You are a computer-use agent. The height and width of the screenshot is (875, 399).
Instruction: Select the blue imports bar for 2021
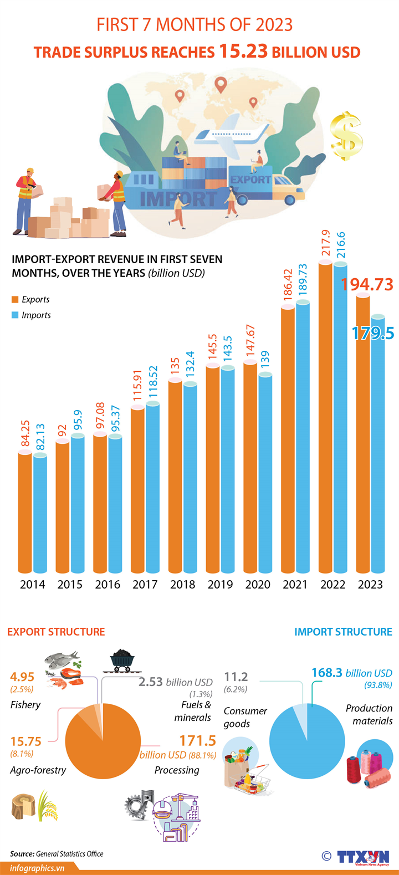(303, 438)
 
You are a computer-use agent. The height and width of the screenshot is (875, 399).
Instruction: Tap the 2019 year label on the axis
(220, 584)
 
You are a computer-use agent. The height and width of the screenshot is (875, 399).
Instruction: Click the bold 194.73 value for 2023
(367, 284)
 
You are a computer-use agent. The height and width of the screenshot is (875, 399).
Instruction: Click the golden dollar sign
(346, 136)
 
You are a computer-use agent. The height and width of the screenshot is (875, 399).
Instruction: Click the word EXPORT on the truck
(250, 180)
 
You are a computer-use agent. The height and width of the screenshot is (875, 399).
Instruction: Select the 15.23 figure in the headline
(243, 51)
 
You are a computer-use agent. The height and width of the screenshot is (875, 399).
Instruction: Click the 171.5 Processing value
(198, 740)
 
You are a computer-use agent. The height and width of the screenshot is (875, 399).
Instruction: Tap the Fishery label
(25, 704)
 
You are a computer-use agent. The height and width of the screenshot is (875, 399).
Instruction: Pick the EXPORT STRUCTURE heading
(56, 632)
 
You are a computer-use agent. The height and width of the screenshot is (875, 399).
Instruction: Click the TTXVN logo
(363, 856)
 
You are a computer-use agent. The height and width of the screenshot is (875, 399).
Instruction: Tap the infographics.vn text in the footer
(37, 868)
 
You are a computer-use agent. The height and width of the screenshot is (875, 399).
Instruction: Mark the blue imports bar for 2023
(378, 443)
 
